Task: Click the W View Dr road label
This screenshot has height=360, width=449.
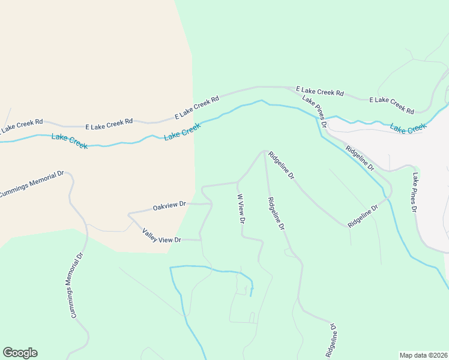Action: pyautogui.click(x=241, y=209)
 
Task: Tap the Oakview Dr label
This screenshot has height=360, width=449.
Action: pyautogui.click(x=170, y=206)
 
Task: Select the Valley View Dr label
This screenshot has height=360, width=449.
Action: pyautogui.click(x=161, y=236)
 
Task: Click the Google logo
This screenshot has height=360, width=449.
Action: pyautogui.click(x=20, y=353)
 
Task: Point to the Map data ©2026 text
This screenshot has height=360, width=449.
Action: pyautogui.click(x=423, y=355)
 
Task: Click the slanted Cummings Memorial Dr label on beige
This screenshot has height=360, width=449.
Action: pyautogui.click(x=31, y=184)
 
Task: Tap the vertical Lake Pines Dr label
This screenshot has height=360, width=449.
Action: pyautogui.click(x=415, y=193)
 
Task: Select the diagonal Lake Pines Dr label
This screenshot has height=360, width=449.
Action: pyautogui.click(x=314, y=111)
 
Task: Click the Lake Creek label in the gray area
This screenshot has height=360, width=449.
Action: pyautogui.click(x=408, y=127)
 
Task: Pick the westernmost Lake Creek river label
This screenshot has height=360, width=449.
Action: pyautogui.click(x=69, y=142)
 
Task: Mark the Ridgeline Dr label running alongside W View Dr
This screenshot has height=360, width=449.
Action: pyautogui.click(x=276, y=214)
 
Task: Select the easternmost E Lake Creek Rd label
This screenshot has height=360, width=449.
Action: pyautogui.click(x=391, y=106)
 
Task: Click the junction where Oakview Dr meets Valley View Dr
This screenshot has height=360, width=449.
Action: pyautogui.click(x=128, y=214)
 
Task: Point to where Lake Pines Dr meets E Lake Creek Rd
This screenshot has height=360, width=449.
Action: pyautogui.click(x=298, y=88)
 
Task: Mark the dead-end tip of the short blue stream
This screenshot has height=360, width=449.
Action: pyautogui.click(x=251, y=296)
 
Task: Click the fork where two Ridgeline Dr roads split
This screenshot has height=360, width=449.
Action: pyautogui.click(x=265, y=151)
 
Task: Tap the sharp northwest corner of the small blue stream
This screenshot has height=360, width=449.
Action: pyautogui.click(x=170, y=267)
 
